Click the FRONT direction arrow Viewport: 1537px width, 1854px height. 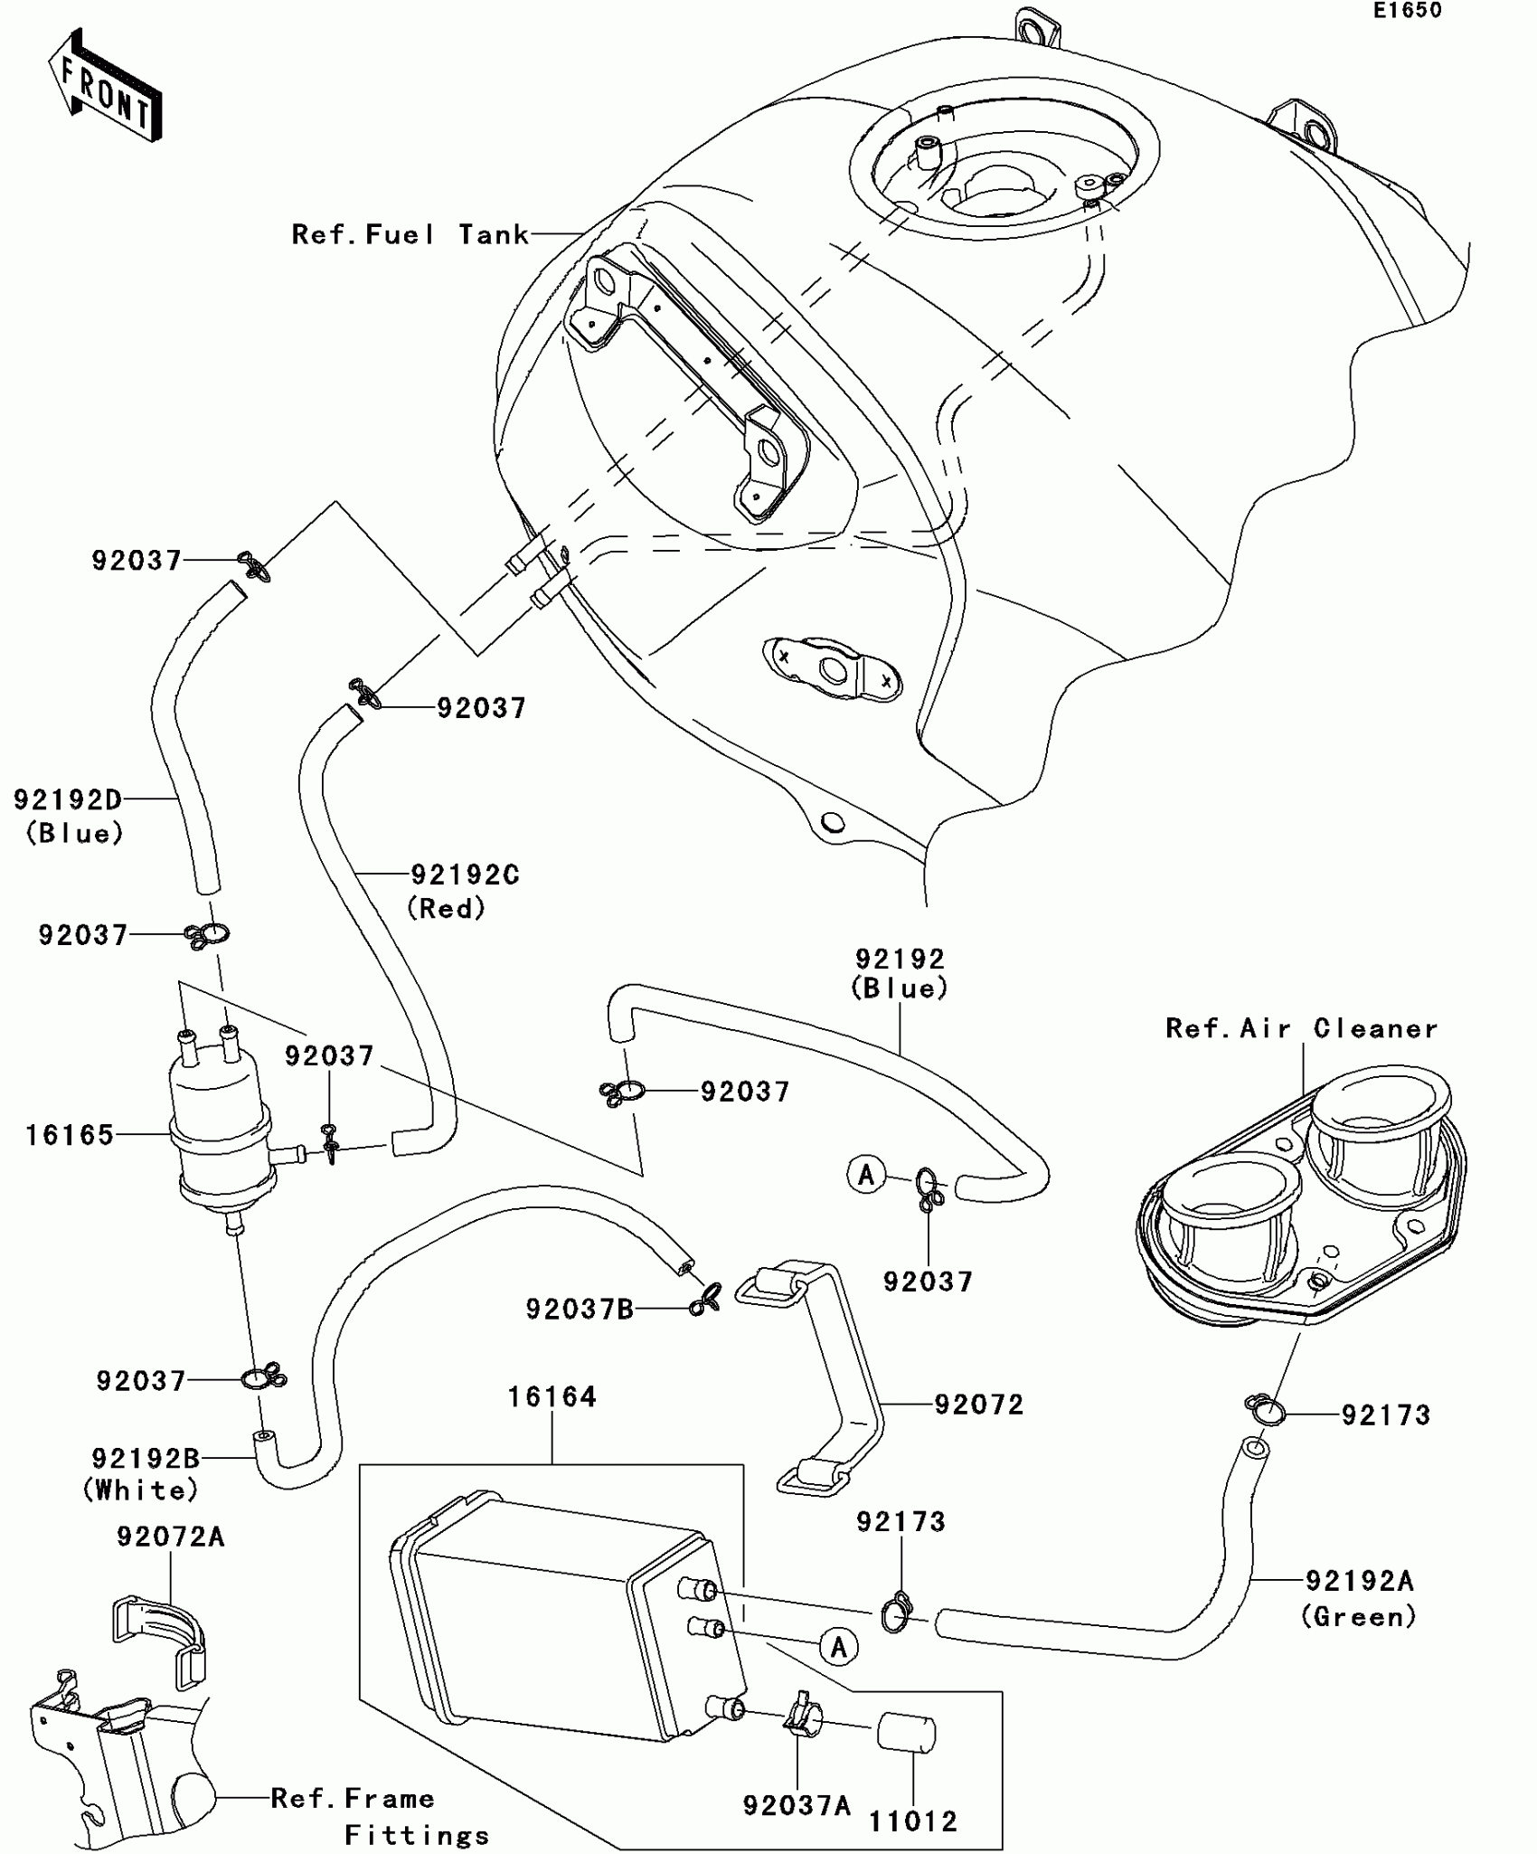(x=105, y=86)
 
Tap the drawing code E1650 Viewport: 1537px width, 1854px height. (x=1407, y=11)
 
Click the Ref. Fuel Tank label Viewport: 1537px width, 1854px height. (x=410, y=235)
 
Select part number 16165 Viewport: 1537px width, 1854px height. (x=70, y=1135)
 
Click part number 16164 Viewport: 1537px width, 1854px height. (x=552, y=1397)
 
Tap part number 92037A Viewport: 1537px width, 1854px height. (x=797, y=1806)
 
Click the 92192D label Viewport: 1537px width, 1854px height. (x=67, y=799)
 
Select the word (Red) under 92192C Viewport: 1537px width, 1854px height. (x=446, y=908)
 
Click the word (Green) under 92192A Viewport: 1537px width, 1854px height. (x=1358, y=1616)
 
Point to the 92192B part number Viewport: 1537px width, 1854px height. (x=145, y=1459)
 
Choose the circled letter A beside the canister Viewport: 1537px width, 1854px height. (x=838, y=1647)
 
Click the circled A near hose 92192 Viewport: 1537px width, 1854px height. (x=866, y=1175)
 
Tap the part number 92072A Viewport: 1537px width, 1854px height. (x=170, y=1537)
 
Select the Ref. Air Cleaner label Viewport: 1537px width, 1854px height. (x=1301, y=1028)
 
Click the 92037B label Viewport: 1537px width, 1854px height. (x=580, y=1309)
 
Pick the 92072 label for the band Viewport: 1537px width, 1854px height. (x=978, y=1405)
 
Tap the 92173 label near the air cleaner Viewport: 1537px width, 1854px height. (x=1385, y=1415)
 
